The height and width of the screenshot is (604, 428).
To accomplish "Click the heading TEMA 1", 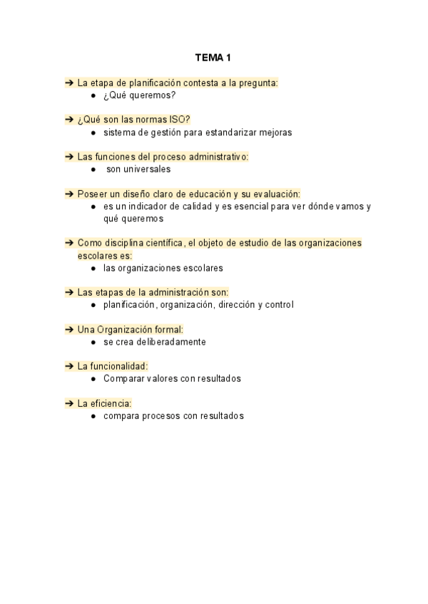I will tap(213, 57).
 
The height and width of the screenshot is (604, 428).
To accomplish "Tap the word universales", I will tap(148, 170).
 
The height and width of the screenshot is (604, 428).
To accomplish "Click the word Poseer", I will tap(92, 194).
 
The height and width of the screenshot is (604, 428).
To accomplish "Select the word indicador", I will tap(146, 207).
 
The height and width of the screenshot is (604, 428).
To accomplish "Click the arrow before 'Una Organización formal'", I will tap(69, 329).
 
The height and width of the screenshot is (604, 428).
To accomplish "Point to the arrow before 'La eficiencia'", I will tap(69, 403).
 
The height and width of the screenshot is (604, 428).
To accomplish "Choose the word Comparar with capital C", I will tap(126, 379).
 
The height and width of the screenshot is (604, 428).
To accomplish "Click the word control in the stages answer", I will tap(278, 305).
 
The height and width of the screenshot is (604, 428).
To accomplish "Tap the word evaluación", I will tap(275, 194).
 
